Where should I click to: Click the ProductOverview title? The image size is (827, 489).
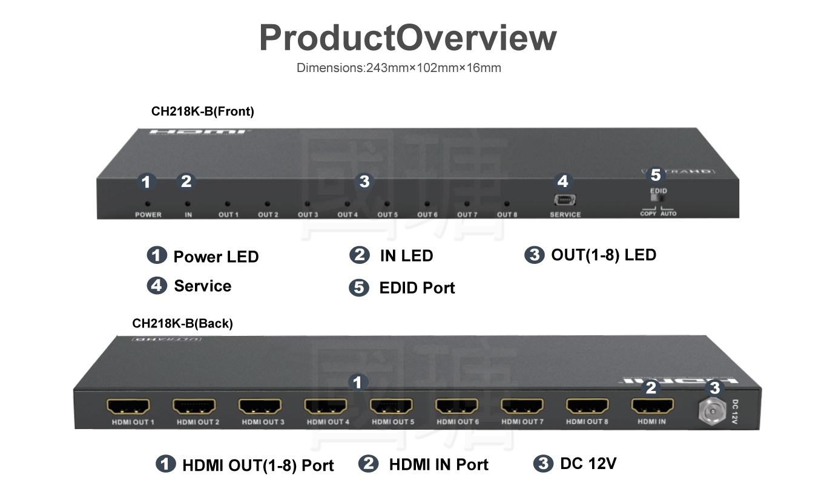click(407, 38)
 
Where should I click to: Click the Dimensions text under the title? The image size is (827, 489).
click(398, 68)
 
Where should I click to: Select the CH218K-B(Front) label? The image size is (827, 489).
click(202, 111)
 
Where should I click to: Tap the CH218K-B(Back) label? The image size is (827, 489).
click(182, 324)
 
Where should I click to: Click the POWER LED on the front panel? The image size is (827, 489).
click(147, 205)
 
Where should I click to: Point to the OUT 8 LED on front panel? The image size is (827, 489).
click(507, 205)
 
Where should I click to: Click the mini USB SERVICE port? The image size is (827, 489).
click(564, 200)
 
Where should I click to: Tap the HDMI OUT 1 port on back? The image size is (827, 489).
click(128, 405)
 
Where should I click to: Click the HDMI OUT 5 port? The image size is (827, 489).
click(391, 405)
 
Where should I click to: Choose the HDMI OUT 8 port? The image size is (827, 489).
click(587, 405)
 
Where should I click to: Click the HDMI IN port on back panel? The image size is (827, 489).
click(652, 405)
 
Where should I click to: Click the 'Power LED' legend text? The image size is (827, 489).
click(216, 257)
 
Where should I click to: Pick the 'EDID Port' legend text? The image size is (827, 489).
click(417, 287)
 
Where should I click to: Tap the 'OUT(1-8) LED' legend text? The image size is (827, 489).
click(603, 255)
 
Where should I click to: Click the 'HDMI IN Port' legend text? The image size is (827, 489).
click(438, 464)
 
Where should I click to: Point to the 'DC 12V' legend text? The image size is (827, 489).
click(588, 464)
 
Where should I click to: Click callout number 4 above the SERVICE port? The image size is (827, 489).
click(563, 181)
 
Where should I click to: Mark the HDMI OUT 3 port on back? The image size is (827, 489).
click(260, 405)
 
